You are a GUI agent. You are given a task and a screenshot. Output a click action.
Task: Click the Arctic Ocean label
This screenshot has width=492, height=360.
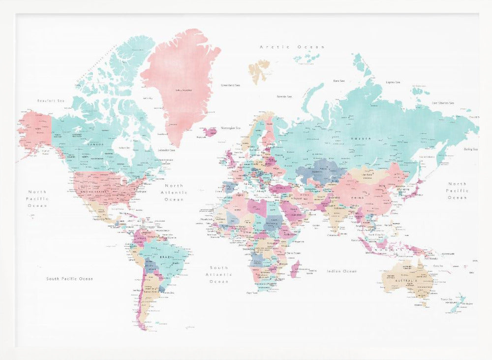(292, 47)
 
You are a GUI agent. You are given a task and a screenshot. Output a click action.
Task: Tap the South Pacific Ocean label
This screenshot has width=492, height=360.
(69, 279)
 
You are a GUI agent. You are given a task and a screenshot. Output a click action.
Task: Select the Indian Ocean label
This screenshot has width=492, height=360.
(341, 271)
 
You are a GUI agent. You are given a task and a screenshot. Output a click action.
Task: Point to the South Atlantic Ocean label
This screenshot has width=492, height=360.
(219, 274)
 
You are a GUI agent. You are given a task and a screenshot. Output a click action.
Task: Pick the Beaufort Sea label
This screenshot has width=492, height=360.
(51, 100)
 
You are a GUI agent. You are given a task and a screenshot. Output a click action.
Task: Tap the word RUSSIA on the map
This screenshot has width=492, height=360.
(361, 138)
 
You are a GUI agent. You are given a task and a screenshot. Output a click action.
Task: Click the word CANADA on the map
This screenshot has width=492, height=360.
(95, 144)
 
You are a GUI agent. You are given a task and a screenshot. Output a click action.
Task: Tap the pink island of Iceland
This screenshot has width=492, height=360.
(208, 132)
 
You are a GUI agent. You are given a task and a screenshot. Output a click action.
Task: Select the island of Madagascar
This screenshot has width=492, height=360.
(295, 269)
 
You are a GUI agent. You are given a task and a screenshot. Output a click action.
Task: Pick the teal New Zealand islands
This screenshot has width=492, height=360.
(458, 303)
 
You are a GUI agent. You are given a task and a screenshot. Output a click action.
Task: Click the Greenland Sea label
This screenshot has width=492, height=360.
(230, 85)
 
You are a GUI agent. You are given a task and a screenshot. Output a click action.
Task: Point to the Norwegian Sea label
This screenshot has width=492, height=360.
(231, 128)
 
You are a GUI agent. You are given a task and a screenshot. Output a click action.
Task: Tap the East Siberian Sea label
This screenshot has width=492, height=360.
(443, 103)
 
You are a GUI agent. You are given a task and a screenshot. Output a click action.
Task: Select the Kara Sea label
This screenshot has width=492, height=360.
(339, 80)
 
